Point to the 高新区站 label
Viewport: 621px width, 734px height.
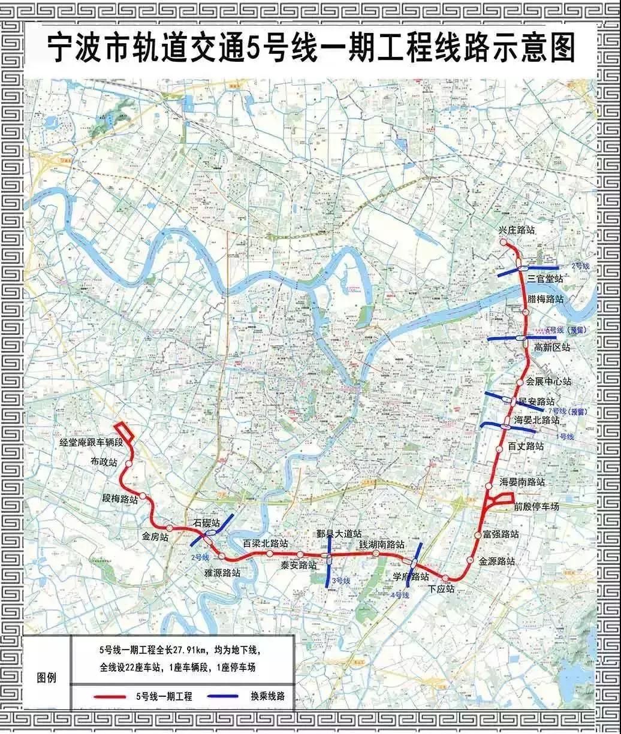pyautogui.click(x=551, y=347)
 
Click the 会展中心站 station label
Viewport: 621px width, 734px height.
pyautogui.click(x=548, y=381)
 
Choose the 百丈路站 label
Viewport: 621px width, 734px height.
pyautogui.click(x=526, y=446)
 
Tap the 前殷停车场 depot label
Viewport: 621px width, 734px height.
pyautogui.click(x=536, y=506)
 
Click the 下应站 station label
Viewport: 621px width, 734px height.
pyautogui.click(x=442, y=589)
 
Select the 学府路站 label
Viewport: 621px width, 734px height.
pyautogui.click(x=411, y=576)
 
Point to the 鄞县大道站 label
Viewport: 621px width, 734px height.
pyautogui.click(x=339, y=533)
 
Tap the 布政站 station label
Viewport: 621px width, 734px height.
pyautogui.click(x=104, y=462)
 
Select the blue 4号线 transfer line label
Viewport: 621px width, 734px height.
pyautogui.click(x=399, y=595)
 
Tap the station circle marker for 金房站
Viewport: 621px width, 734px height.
pyautogui.click(x=170, y=528)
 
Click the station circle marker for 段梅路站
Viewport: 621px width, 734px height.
pyautogui.click(x=143, y=496)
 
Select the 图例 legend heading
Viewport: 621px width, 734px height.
pyautogui.click(x=47, y=678)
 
